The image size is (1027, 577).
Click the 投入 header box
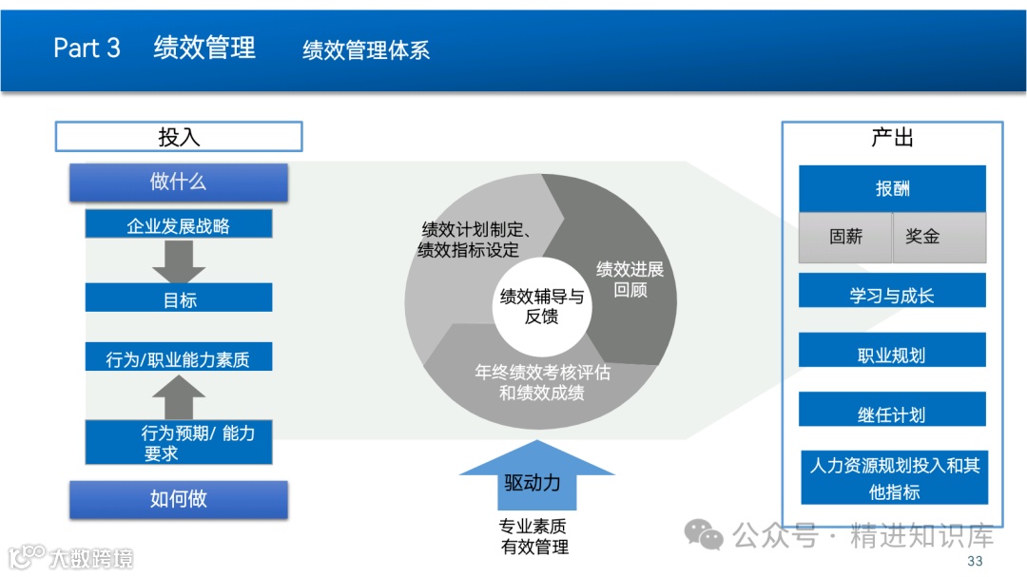point(179,137)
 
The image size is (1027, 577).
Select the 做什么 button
point(179,182)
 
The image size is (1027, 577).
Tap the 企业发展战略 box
point(179,225)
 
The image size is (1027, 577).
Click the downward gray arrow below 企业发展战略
point(179,261)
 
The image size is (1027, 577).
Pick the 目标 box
point(179,298)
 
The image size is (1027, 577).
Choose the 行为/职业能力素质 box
point(179,357)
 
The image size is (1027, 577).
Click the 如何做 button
point(179,499)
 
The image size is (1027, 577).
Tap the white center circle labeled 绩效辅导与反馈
point(541,306)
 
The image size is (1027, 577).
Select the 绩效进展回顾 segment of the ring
point(630,279)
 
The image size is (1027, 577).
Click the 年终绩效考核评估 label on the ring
point(542,382)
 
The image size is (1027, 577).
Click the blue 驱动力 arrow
point(533,479)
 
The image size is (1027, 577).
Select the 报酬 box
point(892,188)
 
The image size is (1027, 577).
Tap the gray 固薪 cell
point(845,237)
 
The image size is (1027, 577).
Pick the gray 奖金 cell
point(939,237)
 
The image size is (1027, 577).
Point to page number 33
point(975,562)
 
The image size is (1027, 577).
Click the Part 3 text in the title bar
point(87,48)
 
